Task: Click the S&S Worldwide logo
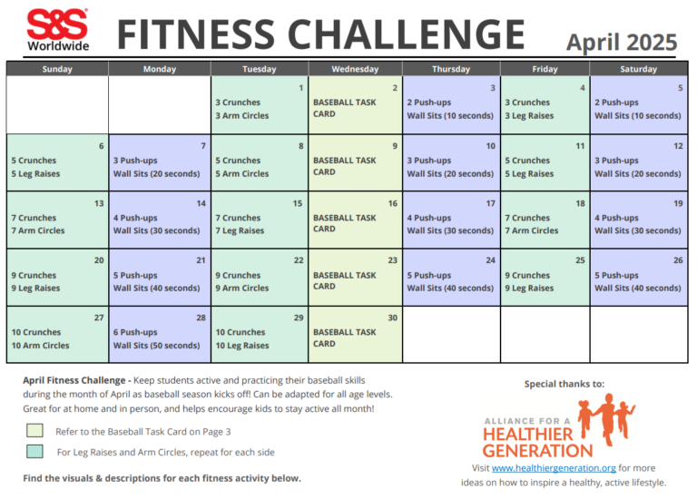click(57, 30)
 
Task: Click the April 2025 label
click(622, 42)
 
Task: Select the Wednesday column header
click(355, 69)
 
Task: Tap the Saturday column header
click(638, 69)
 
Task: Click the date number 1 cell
click(299, 88)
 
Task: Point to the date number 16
click(393, 203)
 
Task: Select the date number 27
click(99, 318)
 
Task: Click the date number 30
click(393, 318)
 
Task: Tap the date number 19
click(677, 203)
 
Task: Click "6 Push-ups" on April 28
click(139, 332)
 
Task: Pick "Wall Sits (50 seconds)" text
click(156, 346)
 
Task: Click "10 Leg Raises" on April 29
click(241, 346)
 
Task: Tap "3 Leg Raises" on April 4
click(529, 116)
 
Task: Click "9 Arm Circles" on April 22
click(241, 289)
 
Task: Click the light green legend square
click(34, 431)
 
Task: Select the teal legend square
click(34, 451)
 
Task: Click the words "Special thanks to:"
click(564, 384)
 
